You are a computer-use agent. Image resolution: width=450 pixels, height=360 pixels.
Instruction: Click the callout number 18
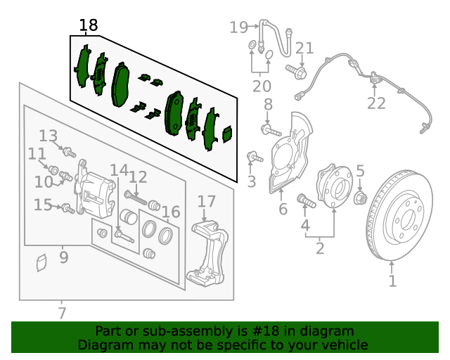tap(89, 25)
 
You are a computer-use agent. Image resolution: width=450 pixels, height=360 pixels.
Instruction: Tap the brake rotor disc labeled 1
tap(399, 215)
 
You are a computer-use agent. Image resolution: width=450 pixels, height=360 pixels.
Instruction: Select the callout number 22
tap(376, 103)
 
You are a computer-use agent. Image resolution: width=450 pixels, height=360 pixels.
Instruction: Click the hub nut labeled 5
tap(361, 198)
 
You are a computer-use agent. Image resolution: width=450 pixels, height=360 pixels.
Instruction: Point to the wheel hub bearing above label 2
tap(334, 186)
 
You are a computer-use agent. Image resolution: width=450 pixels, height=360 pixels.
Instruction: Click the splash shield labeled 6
tap(290, 152)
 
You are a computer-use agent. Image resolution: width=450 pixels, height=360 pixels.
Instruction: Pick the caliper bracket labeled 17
tap(207, 253)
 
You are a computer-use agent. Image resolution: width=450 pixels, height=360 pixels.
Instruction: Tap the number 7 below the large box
tap(62, 313)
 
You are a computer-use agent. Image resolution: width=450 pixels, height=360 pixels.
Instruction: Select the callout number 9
tap(64, 257)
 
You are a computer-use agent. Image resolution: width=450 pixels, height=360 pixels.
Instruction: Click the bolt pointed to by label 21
tap(296, 72)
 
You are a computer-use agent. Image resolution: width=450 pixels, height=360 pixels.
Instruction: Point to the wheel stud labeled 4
tap(307, 200)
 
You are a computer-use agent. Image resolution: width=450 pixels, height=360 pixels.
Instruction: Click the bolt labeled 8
tap(271, 131)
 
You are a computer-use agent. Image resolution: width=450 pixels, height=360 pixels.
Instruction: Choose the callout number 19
tap(238, 27)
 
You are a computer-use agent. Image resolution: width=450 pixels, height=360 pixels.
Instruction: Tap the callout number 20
tap(262, 86)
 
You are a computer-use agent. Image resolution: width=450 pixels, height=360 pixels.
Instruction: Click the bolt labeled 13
tap(69, 152)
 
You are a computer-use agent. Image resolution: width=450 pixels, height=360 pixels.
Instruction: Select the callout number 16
tap(171, 212)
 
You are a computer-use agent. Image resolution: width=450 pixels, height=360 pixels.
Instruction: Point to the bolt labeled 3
tap(255, 157)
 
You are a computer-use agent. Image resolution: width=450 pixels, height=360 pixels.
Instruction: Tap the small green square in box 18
tap(228, 134)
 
